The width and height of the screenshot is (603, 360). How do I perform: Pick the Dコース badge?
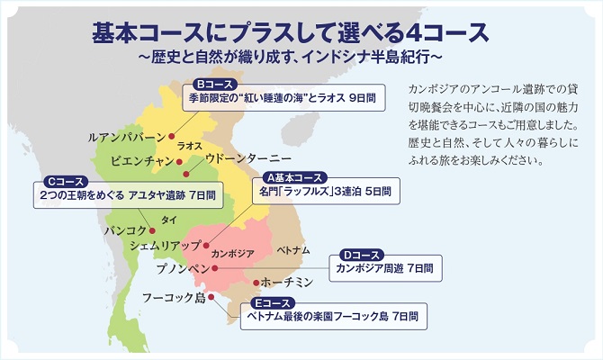(362, 254)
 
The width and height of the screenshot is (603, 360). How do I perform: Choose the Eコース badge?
(273, 303)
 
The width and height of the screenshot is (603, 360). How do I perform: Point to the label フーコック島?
(174, 298)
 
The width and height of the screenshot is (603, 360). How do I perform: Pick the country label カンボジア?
(233, 253)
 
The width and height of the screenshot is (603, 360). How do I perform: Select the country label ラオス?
(189, 145)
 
